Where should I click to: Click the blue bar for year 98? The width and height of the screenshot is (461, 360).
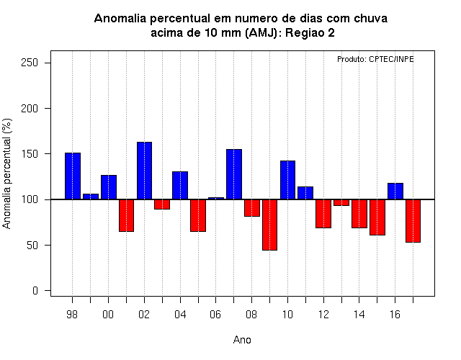click(x=73, y=176)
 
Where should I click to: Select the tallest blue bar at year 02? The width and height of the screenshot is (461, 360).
click(x=144, y=171)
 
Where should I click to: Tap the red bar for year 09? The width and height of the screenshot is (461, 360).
click(x=269, y=225)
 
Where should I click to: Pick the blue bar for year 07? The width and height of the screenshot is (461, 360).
click(x=234, y=174)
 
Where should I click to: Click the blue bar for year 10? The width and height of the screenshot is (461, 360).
click(x=287, y=180)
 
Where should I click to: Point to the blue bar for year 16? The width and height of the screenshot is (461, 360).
click(x=395, y=192)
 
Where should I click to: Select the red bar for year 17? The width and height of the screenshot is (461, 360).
click(x=413, y=221)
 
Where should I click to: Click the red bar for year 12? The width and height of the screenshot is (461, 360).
click(x=323, y=214)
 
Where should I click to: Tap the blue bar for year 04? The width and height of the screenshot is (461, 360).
click(x=180, y=186)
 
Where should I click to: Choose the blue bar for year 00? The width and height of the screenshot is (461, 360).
click(x=109, y=187)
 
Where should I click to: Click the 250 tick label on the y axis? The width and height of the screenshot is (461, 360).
click(x=30, y=63)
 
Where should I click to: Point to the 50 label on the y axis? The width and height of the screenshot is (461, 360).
click(x=32, y=245)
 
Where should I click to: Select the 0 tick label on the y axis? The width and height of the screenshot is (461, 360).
click(x=35, y=291)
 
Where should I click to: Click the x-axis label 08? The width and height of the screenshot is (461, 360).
click(x=251, y=315)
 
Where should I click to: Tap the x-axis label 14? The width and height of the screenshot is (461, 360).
click(x=359, y=315)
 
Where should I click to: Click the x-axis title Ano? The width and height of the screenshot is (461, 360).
click(x=242, y=340)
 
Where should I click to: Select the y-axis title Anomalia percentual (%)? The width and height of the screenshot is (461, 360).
click(x=6, y=174)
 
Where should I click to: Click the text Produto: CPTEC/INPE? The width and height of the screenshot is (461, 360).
click(x=375, y=59)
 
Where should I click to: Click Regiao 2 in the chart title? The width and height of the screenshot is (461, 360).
click(x=310, y=33)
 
